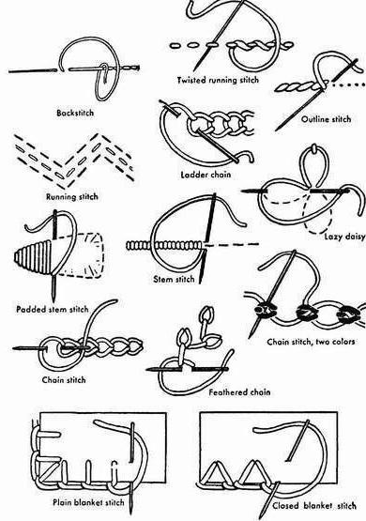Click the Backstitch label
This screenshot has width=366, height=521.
(75, 113)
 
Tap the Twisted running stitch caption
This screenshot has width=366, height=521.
(218, 80)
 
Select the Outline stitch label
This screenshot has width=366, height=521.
(326, 119)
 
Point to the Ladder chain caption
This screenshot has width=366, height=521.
(206, 175)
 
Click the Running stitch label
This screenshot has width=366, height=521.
(72, 197)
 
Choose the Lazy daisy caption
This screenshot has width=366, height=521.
(344, 237)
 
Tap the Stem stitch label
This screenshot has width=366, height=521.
(174, 279)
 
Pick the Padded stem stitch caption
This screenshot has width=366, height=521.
(53, 310)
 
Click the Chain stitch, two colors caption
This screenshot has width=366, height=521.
(311, 342)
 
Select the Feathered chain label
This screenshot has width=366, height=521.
(239, 392)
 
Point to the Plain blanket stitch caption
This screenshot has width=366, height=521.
(88, 502)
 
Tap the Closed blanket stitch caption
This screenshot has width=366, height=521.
(313, 506)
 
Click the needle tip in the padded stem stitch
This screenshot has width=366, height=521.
(53, 300)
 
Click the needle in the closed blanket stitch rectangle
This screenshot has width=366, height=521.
(297, 440)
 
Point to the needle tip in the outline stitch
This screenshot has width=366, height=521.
(277, 130)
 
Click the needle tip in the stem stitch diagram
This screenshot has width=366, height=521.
(201, 283)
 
